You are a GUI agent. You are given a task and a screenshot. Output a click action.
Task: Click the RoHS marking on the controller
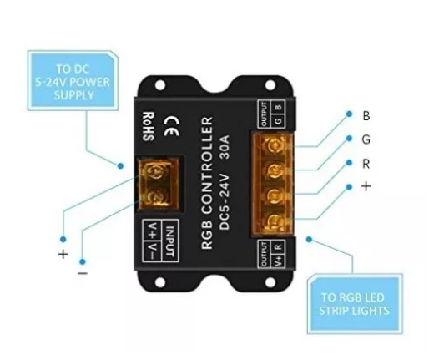(149, 126)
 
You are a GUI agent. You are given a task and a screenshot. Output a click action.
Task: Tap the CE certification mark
(171, 126)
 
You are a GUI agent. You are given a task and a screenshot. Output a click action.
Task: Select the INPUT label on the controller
(170, 241)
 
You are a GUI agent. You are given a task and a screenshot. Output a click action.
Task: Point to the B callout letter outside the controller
(366, 116)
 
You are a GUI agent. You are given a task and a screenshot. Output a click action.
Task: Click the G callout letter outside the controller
(366, 139)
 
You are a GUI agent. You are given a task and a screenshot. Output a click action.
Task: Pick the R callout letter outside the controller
(366, 164)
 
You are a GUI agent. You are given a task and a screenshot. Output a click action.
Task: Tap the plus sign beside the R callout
(366, 186)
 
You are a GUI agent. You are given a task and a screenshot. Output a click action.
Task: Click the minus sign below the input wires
(83, 273)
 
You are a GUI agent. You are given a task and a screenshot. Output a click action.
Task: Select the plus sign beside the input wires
(63, 255)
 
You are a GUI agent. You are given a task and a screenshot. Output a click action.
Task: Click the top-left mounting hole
(160, 85)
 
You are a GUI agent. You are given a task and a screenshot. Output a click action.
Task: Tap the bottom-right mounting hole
(270, 282)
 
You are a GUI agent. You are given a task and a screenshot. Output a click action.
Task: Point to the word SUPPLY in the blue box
(74, 95)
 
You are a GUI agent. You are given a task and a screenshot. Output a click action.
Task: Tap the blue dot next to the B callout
(349, 114)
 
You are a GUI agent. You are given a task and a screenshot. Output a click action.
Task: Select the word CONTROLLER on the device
(208, 173)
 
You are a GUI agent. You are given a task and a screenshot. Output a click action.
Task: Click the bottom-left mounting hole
(160, 282)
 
